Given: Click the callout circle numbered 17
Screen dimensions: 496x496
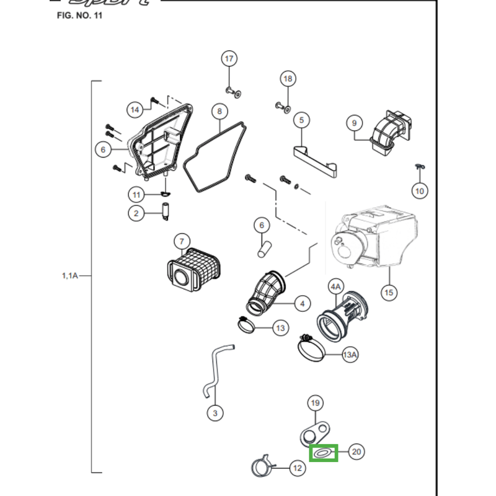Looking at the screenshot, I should (229, 59).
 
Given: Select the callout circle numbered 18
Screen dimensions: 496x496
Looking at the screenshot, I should (288, 79).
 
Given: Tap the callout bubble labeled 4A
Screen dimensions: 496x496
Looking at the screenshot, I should (335, 286).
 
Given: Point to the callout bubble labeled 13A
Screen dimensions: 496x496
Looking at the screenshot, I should (350, 355).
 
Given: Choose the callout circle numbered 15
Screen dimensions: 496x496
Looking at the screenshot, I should (389, 292).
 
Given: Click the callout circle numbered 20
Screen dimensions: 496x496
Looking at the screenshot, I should (356, 452).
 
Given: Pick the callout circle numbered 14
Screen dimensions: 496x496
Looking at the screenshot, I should (135, 110).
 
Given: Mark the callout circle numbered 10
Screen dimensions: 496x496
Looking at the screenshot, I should (420, 191).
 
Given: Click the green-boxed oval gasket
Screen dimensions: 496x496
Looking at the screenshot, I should (322, 453).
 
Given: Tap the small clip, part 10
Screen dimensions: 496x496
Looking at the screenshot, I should (418, 167).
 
